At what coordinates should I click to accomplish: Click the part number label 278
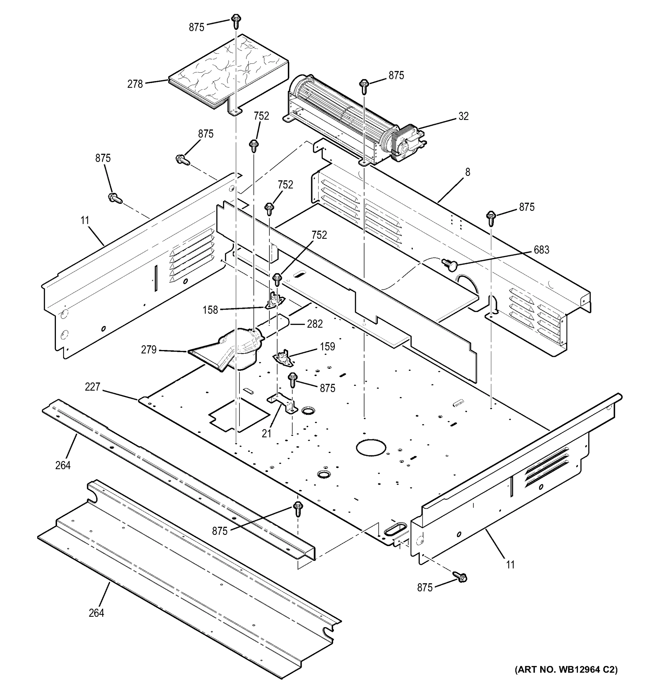135,84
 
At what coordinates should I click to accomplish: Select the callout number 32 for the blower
463,116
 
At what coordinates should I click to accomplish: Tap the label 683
541,250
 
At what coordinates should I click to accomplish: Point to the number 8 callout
468,172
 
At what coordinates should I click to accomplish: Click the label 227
92,387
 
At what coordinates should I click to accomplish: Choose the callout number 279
149,349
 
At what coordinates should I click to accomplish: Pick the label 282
315,324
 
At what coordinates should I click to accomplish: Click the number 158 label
210,309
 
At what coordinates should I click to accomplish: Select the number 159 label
327,346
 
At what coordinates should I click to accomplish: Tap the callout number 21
267,433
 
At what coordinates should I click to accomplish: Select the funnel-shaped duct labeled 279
228,351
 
